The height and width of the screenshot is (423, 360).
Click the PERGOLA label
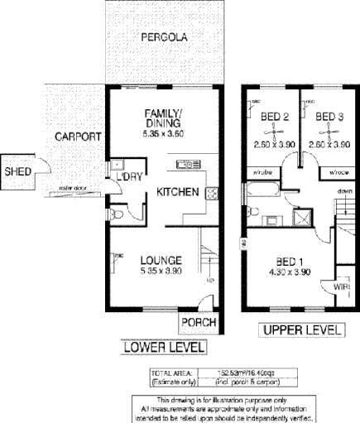[x=163, y=37]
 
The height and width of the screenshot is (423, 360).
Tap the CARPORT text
[x=78, y=137]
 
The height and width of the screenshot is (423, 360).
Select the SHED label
[x=17, y=172]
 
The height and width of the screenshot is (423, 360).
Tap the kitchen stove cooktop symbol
[x=211, y=195]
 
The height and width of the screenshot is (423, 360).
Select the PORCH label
[x=199, y=321]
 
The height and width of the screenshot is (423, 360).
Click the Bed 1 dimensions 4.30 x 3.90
[x=289, y=270]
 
